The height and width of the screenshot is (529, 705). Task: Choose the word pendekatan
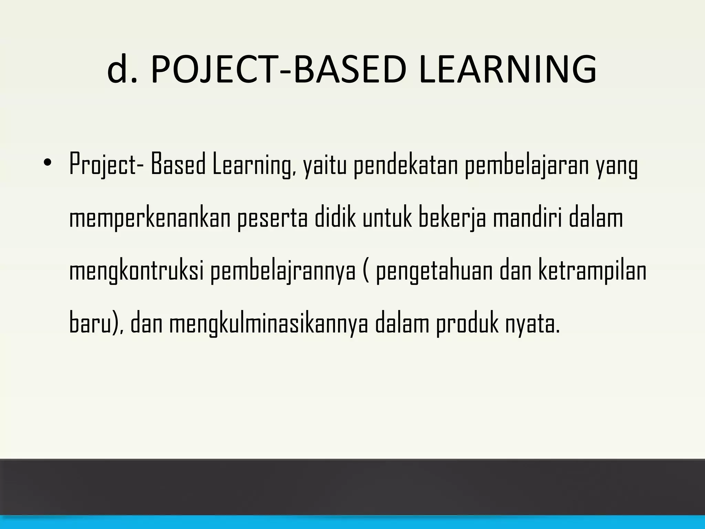pyautogui.click(x=405, y=166)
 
